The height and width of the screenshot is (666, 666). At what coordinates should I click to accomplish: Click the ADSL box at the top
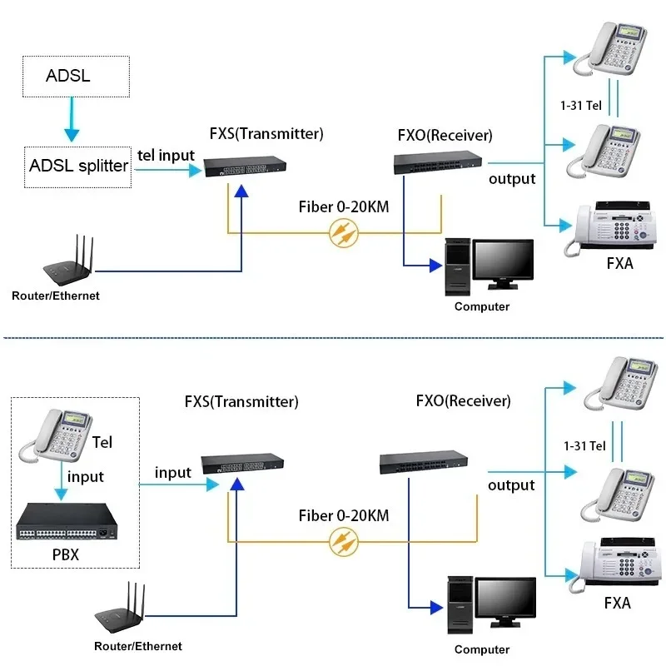[76, 77]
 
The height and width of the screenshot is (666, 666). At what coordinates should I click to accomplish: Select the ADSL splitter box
[77, 167]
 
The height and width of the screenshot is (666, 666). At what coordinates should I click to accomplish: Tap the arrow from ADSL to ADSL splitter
[72, 119]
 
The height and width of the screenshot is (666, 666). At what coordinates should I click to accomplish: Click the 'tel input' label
[166, 156]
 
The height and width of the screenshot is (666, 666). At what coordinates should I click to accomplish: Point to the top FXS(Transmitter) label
[266, 133]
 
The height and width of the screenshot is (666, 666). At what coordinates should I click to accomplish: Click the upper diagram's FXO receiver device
[438, 162]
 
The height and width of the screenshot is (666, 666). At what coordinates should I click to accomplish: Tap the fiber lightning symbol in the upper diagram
[344, 233]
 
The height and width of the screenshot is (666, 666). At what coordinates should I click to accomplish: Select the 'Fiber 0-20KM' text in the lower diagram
[344, 515]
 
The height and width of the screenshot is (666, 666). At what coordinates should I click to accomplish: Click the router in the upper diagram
[68, 260]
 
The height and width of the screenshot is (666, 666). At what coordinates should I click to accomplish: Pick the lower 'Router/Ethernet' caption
[138, 646]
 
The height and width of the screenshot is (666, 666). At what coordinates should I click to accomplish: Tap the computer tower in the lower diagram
[460, 605]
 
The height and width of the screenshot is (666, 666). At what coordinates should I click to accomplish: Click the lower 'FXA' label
[617, 603]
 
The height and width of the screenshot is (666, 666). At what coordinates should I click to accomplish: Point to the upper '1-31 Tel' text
[580, 106]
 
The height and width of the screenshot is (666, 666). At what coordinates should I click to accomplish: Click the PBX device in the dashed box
[67, 521]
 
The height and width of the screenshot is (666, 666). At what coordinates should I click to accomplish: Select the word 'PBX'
[66, 554]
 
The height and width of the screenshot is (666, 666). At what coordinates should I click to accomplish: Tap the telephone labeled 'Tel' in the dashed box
[55, 435]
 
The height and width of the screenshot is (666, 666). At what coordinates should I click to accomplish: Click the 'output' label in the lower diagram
[511, 485]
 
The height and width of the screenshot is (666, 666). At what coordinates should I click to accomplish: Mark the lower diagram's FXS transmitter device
[242, 464]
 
